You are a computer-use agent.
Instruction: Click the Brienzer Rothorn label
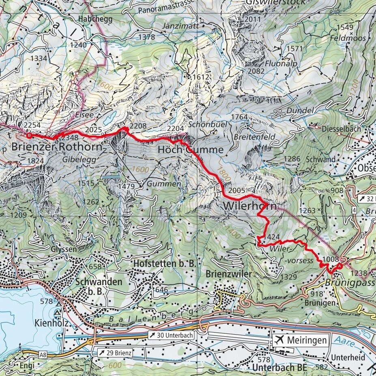click(x=57, y=147)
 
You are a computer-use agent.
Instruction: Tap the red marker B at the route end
click(x=29, y=135)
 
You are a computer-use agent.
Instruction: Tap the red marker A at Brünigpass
click(x=339, y=266)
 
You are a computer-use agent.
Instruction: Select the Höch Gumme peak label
click(x=190, y=150)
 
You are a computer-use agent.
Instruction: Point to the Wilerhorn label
click(x=250, y=206)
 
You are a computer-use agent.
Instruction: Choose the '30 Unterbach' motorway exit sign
click(x=170, y=335)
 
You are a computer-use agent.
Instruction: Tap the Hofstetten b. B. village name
click(x=165, y=264)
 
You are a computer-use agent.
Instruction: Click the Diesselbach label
click(x=341, y=129)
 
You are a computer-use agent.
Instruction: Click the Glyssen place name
click(x=64, y=249)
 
